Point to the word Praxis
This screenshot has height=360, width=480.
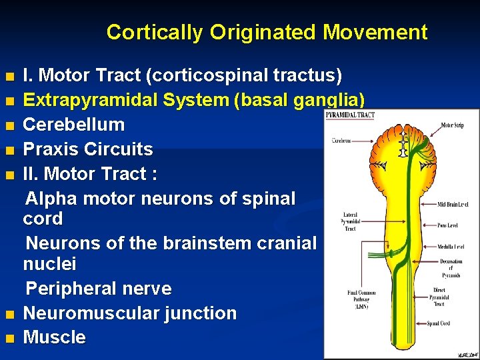[x=49, y=149]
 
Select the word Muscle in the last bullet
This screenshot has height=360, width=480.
[x=55, y=337]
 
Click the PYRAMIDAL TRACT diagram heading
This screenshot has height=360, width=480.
[x=350, y=115]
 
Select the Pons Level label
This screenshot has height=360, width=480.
[x=452, y=225]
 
